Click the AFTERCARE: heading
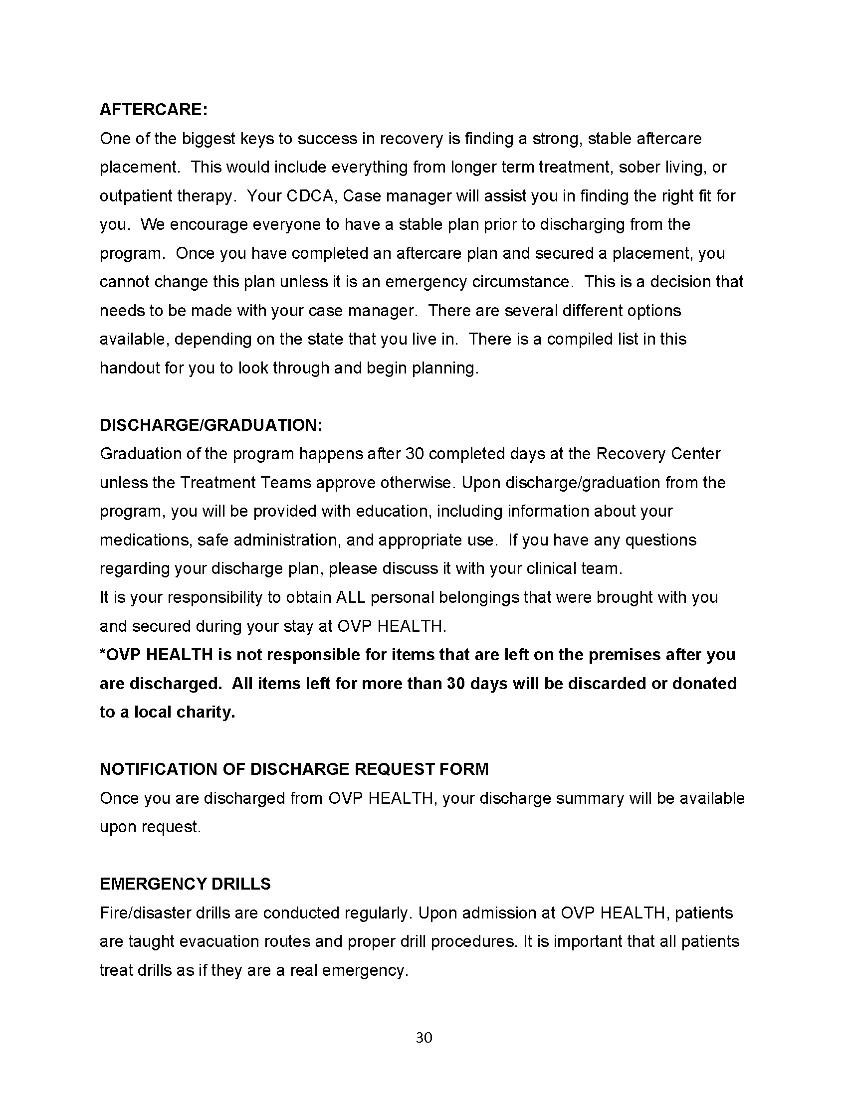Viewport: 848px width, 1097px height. (x=153, y=110)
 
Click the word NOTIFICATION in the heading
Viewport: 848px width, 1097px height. (x=158, y=769)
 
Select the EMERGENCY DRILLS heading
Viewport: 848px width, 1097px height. (x=185, y=884)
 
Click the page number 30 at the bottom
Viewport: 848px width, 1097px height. (x=424, y=1037)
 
